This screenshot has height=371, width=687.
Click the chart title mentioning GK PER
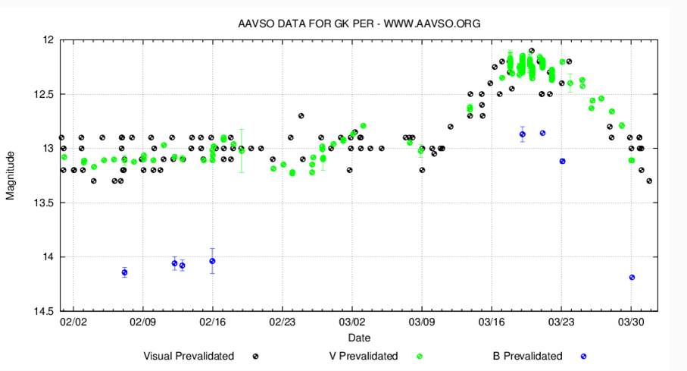(359, 24)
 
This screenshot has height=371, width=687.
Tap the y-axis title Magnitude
(11, 175)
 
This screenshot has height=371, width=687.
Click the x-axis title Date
(359, 336)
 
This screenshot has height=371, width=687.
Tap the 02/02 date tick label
(73, 322)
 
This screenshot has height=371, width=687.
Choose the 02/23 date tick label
(282, 322)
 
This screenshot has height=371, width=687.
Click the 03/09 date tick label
(421, 322)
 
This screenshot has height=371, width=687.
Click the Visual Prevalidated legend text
(189, 355)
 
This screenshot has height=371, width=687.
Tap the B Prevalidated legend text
(527, 355)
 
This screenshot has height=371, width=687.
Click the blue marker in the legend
(583, 356)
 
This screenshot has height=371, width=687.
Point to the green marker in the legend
(419, 356)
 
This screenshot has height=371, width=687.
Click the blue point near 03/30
(632, 277)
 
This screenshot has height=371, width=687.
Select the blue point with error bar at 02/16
(212, 261)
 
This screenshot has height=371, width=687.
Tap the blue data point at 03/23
(562, 161)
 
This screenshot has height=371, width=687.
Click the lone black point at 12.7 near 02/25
(301, 116)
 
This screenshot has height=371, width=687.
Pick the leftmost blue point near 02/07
(124, 272)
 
